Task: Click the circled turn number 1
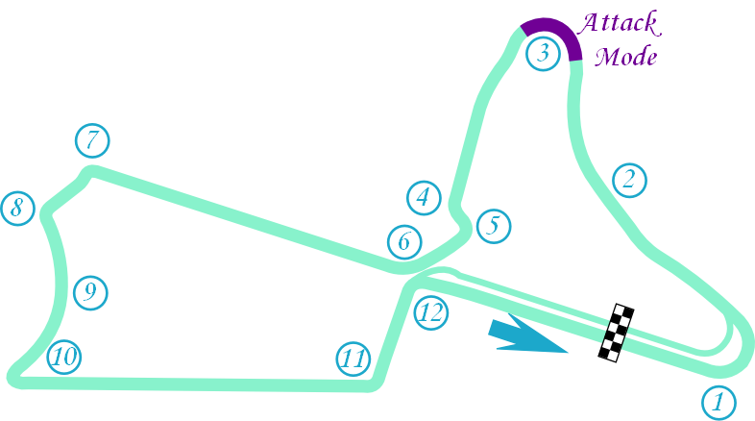click(x=718, y=401)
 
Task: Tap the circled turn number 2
click(x=629, y=179)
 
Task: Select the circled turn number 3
click(x=543, y=53)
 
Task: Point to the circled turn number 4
click(x=423, y=197)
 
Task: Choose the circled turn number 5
click(x=493, y=226)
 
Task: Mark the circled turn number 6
click(x=404, y=242)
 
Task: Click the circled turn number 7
click(x=92, y=140)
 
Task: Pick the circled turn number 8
click(x=17, y=208)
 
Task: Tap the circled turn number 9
click(x=89, y=291)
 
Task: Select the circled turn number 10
click(x=64, y=358)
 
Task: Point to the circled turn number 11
click(x=353, y=360)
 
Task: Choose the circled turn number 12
click(x=431, y=312)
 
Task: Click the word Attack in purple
click(x=619, y=23)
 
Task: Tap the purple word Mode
click(x=625, y=57)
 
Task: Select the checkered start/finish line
click(x=616, y=333)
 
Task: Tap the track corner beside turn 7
click(x=91, y=174)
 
